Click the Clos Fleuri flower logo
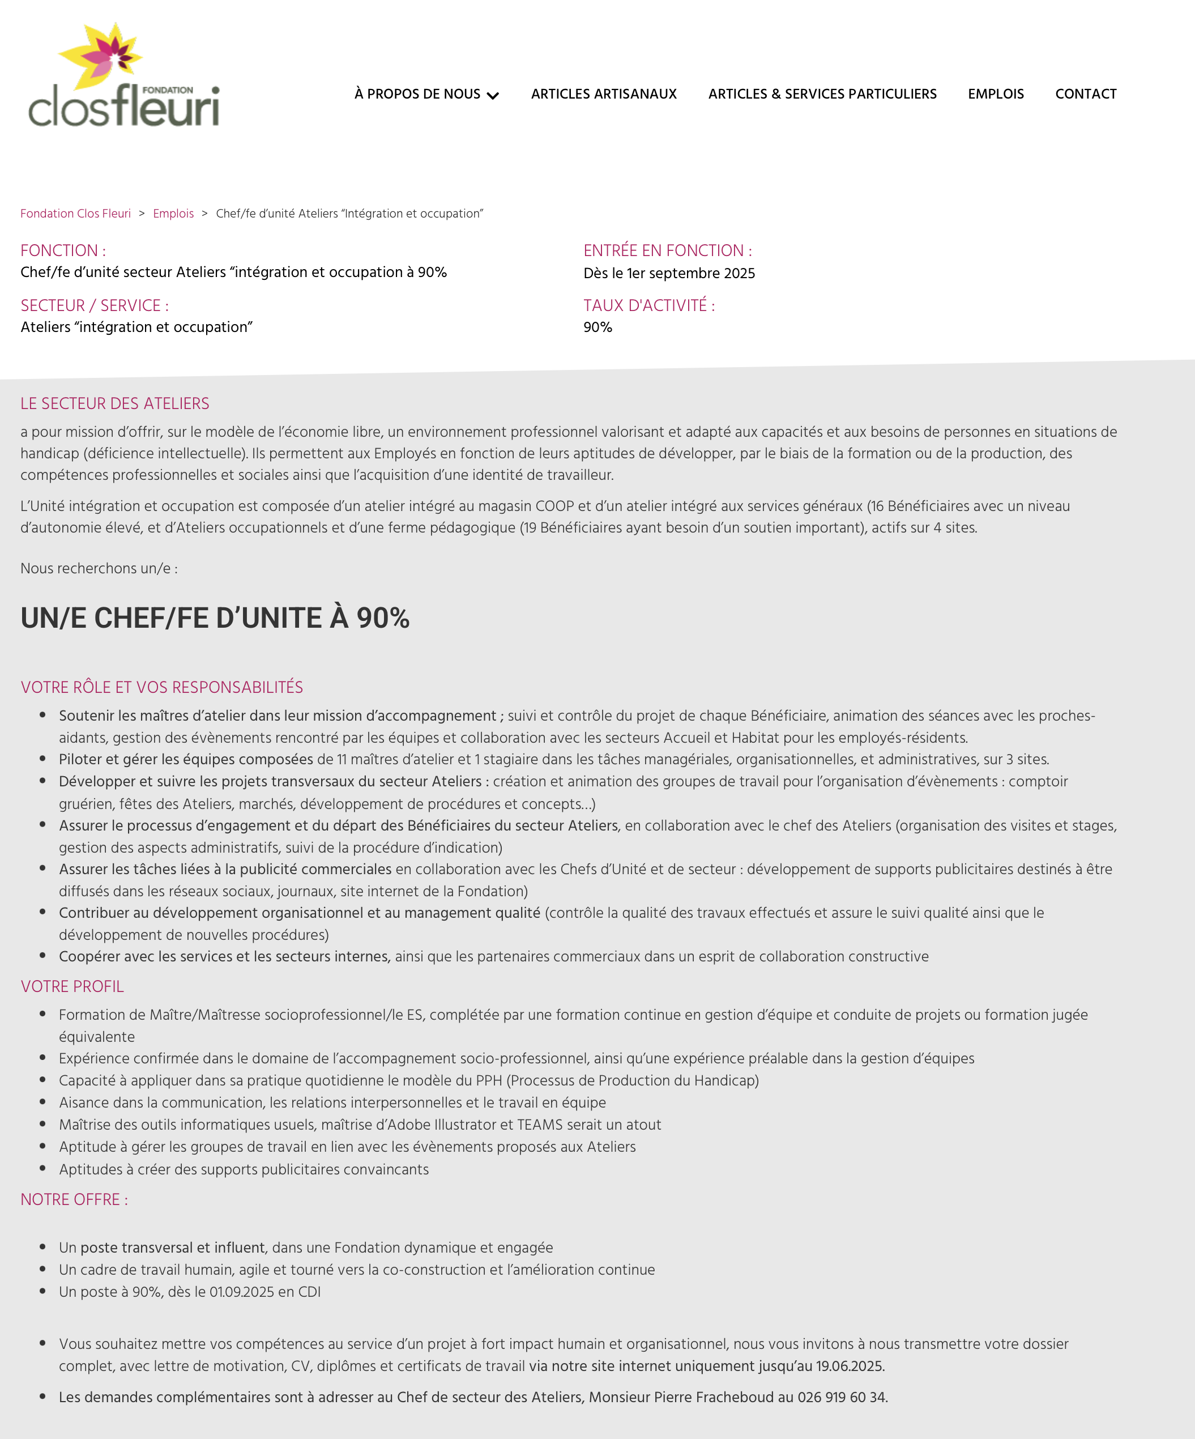click(x=123, y=75)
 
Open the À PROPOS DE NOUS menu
click(x=417, y=94)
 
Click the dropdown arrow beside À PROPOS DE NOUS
click(x=493, y=95)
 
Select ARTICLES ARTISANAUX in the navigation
click(x=604, y=94)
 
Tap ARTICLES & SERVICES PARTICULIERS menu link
click(x=822, y=94)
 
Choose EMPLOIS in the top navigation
click(x=996, y=94)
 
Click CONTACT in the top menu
click(x=1085, y=94)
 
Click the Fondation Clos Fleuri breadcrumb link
click(x=75, y=214)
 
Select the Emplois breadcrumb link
click(x=173, y=214)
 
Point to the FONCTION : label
click(x=63, y=251)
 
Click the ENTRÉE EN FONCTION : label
click(x=667, y=251)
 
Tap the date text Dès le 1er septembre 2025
click(x=669, y=274)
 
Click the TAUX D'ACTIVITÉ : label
click(x=649, y=305)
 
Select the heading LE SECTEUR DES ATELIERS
click(x=115, y=403)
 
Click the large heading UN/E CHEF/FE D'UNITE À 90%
click(x=215, y=618)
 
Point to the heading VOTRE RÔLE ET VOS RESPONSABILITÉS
click(x=162, y=687)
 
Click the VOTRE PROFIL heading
click(x=72, y=987)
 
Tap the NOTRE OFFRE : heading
click(x=74, y=1200)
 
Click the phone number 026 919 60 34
click(x=842, y=1397)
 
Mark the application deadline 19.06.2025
click(x=849, y=1366)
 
